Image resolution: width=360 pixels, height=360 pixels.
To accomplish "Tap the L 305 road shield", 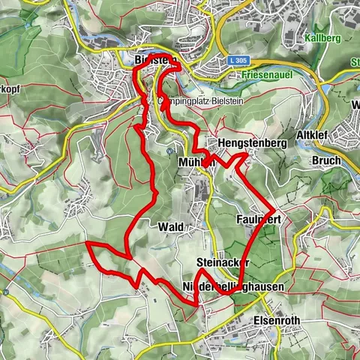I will (238, 59).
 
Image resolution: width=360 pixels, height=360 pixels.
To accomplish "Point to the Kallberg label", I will (324, 37).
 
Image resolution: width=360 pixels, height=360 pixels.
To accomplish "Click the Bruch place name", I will (325, 160).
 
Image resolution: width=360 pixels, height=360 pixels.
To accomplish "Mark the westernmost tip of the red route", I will (87, 243).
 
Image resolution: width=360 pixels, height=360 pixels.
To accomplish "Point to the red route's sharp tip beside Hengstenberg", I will (246, 154).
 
